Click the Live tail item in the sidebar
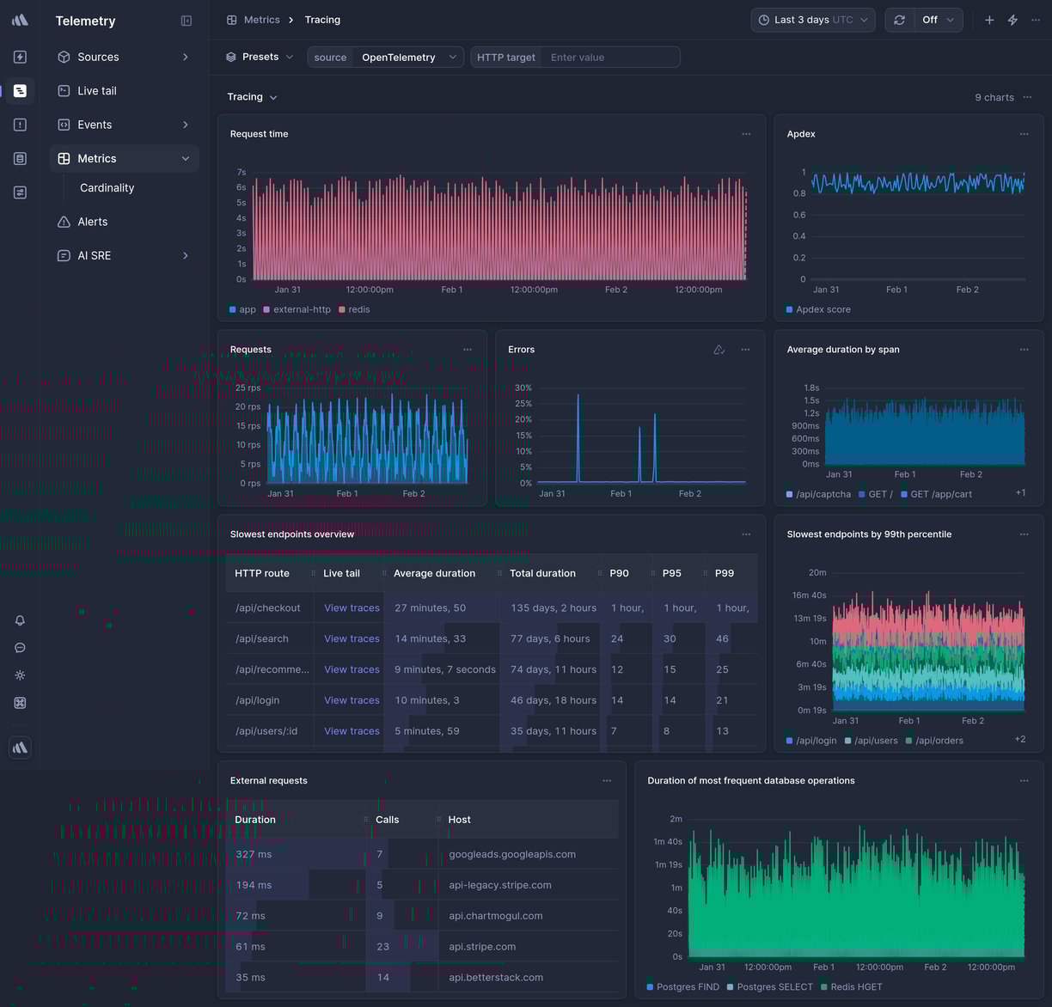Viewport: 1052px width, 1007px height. (96, 91)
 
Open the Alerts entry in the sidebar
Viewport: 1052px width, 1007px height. (92, 222)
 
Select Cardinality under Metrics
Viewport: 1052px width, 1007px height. (107, 188)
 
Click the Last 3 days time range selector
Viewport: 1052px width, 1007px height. (812, 20)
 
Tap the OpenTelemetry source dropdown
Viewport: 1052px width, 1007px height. (408, 58)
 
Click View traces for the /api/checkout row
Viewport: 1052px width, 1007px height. (352, 608)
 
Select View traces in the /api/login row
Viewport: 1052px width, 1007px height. (352, 701)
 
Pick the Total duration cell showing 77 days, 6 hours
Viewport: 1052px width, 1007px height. (550, 639)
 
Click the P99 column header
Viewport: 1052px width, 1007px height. (725, 573)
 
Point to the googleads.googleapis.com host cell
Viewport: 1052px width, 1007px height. (512, 855)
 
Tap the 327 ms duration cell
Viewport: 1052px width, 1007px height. (254, 855)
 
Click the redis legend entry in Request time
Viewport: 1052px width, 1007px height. (358, 309)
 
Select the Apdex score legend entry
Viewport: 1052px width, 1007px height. (823, 309)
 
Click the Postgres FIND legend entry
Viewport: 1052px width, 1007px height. (687, 987)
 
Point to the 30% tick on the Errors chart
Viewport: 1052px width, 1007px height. (523, 388)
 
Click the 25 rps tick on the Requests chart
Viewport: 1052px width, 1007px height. (248, 388)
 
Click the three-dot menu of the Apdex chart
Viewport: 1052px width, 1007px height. (1024, 134)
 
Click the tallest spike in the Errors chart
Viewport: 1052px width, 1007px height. (578, 396)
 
